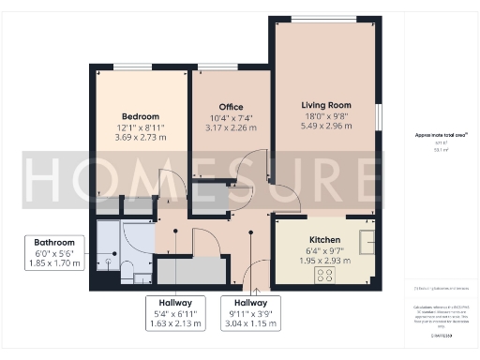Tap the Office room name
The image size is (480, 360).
[x=232, y=107]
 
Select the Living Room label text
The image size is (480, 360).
[x=325, y=104]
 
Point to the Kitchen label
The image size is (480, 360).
[x=324, y=239]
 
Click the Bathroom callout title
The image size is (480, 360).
[x=54, y=243]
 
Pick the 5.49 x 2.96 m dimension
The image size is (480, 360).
[x=325, y=127]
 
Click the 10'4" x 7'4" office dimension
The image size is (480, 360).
[x=232, y=118]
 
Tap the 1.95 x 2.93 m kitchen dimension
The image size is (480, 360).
[x=324, y=260]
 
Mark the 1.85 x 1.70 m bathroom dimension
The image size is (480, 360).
[x=54, y=263]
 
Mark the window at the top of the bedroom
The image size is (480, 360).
[x=127, y=66]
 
